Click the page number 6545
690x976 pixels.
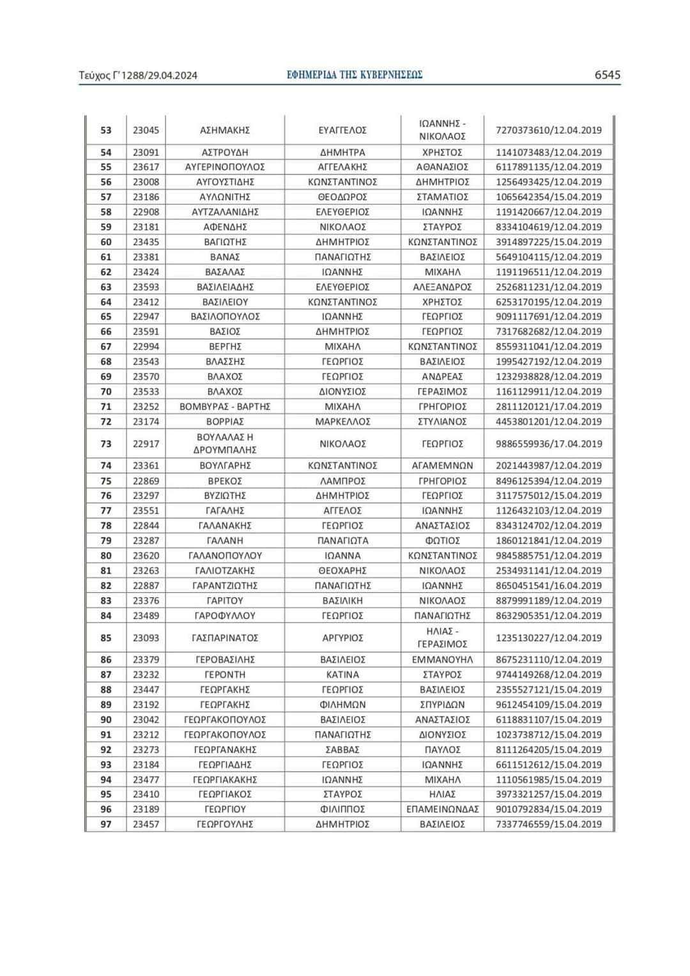(607, 75)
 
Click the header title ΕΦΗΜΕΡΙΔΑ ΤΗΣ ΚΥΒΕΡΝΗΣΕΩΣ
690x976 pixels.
(355, 75)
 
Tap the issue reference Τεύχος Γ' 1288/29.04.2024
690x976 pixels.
(138, 75)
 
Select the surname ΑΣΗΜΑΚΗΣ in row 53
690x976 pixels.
(225, 130)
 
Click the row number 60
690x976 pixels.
(106, 242)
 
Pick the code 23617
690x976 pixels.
(146, 167)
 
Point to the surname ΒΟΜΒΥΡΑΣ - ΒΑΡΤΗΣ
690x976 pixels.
(225, 407)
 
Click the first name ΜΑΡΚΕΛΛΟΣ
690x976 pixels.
(342, 422)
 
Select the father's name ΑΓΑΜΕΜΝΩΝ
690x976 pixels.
(442, 466)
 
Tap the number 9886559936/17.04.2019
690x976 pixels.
(549, 444)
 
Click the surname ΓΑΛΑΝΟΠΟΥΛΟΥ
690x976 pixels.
(225, 556)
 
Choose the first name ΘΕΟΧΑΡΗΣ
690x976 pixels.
(342, 570)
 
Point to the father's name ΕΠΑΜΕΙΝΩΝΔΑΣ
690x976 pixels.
(442, 809)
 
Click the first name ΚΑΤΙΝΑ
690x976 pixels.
(342, 675)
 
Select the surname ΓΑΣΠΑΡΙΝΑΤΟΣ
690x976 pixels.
(225, 638)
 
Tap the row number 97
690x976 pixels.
(106, 825)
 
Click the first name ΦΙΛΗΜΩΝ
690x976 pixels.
(342, 705)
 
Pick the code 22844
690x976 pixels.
(146, 526)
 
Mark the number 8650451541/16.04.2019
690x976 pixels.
(549, 586)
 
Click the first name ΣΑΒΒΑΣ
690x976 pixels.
(342, 750)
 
